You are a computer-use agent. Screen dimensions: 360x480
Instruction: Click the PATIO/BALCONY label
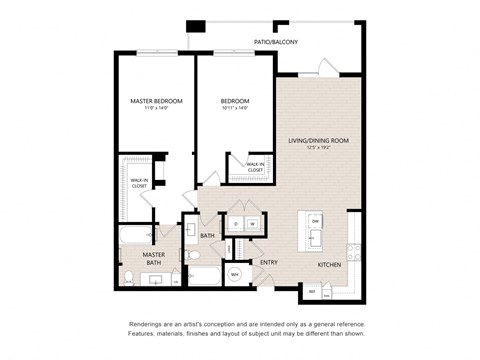tap(276, 42)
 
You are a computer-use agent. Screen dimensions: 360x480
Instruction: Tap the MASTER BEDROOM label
tap(155, 102)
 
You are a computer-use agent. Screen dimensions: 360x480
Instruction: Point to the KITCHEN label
tap(329, 264)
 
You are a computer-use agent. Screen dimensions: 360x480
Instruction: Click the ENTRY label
tap(269, 262)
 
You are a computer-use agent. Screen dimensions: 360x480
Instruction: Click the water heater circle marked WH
tap(235, 273)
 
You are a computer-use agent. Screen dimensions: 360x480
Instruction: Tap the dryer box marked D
tap(236, 224)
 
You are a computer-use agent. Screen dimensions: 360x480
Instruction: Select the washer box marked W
tap(252, 224)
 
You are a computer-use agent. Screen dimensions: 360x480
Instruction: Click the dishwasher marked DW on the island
tap(315, 220)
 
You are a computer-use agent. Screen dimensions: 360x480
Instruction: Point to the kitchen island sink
tap(315, 238)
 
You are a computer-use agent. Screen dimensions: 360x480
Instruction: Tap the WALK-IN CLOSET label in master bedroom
tap(139, 183)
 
